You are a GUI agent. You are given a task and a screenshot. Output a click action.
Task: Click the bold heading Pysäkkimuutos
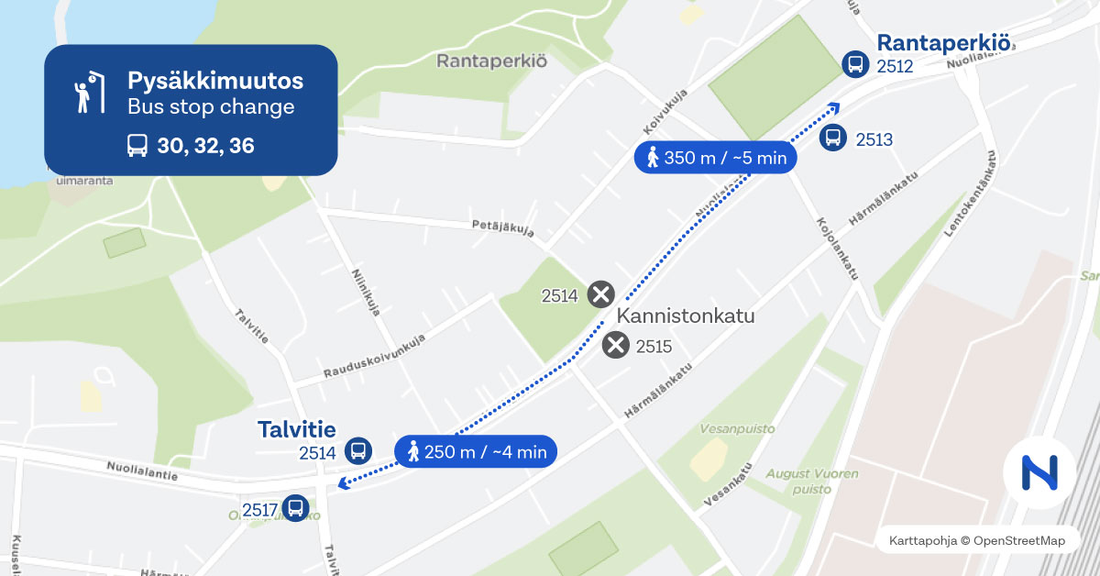click(214, 81)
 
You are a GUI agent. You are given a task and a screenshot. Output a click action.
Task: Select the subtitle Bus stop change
click(211, 107)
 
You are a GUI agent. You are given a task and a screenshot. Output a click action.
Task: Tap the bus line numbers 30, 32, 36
click(205, 145)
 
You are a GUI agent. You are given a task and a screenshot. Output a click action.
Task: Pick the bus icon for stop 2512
click(854, 64)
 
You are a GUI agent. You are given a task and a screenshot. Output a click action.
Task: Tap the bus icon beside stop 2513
click(832, 138)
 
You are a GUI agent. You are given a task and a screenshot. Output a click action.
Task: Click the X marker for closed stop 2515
click(616, 346)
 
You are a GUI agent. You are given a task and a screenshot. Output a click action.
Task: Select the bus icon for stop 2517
click(295, 507)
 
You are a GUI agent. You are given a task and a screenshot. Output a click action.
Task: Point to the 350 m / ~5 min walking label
click(715, 158)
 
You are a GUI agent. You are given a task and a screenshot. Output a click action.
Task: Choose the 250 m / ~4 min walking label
click(476, 451)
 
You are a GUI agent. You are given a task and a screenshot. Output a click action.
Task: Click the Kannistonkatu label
click(686, 316)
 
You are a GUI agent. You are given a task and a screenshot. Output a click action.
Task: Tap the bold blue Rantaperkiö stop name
click(944, 42)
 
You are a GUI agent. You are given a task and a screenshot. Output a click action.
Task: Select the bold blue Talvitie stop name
click(296, 429)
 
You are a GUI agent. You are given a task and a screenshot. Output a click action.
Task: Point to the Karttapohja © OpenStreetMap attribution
click(976, 541)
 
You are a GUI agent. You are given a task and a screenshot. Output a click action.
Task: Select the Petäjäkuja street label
click(502, 227)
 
